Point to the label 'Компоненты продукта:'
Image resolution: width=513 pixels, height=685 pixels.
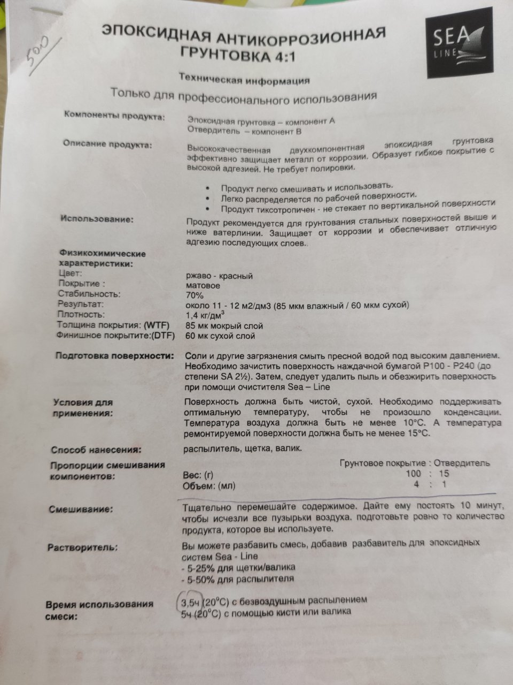pos(114,115)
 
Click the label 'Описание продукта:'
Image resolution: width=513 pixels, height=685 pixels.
pos(107,143)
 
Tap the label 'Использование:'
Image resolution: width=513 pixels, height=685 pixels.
pos(97,219)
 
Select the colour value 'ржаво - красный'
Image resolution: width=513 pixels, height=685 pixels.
pos(218,276)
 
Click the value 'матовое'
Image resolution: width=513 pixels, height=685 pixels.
pos(202,286)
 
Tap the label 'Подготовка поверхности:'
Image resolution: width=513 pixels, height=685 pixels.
pos(115,356)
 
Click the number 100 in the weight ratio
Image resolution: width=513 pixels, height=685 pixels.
pos(413,474)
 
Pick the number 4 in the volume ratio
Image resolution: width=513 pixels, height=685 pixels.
pos(416,484)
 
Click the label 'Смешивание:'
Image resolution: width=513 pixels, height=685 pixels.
pos(81,509)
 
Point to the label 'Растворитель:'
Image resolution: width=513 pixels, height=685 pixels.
pos(83,547)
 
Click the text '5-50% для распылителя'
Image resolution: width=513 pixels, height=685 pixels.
pos(239,579)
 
